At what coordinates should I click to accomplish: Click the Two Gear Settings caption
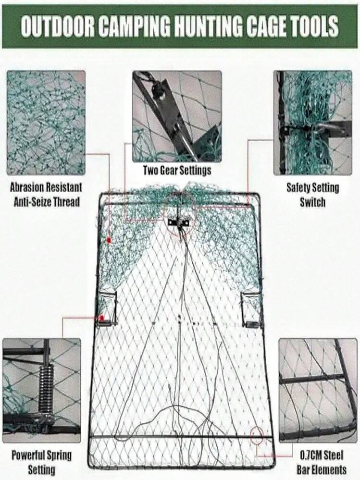pos(177,170)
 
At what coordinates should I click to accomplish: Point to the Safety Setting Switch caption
pos(312,195)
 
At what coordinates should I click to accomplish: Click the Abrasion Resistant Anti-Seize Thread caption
pos(46,195)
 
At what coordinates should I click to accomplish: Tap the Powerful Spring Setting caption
pos(42,462)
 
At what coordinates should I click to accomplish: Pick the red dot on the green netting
pos(108,240)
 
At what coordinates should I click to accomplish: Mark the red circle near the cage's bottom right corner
pos(257,436)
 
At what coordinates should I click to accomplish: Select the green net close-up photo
pos(46,123)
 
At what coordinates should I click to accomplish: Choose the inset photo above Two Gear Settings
pos(177,116)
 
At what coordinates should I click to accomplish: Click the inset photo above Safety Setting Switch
pos(312,123)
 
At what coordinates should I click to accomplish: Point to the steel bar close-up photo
pos(318,390)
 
